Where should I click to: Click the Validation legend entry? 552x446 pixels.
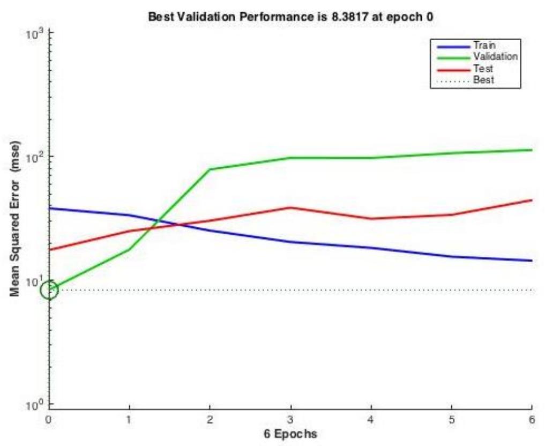click(495, 56)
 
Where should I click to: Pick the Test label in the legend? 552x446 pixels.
click(482, 69)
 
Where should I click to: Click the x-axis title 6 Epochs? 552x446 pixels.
click(290, 433)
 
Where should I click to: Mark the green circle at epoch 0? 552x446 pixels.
click(49, 290)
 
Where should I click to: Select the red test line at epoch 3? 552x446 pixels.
click(290, 207)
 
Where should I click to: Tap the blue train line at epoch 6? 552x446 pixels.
click(531, 261)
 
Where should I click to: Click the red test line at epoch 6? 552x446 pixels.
click(531, 200)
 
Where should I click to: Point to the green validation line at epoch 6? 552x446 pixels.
click(531, 150)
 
